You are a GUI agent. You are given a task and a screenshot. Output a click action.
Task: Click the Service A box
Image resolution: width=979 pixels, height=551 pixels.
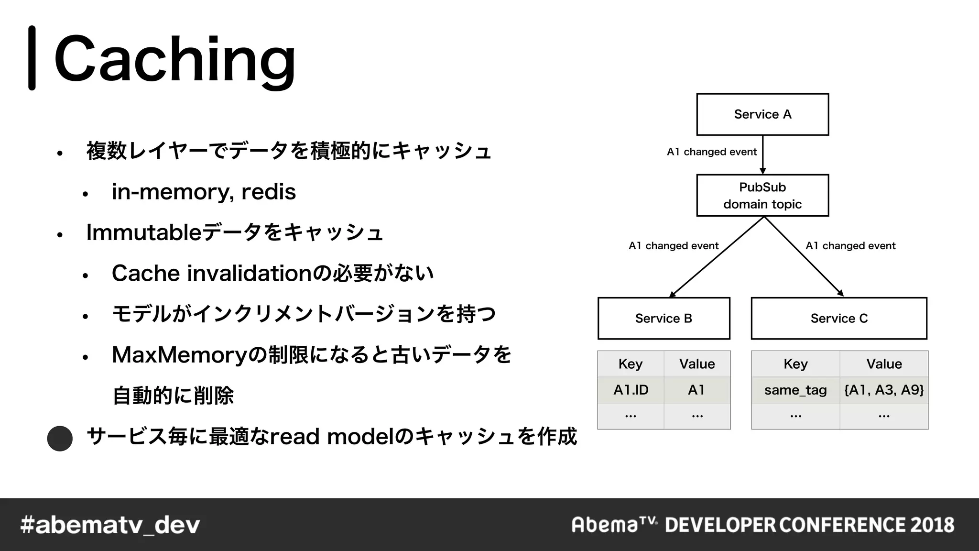(762, 114)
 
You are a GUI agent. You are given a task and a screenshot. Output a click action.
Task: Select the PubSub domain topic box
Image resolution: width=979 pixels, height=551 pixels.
(762, 195)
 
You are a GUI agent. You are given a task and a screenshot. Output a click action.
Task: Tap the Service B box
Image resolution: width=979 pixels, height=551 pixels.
(664, 318)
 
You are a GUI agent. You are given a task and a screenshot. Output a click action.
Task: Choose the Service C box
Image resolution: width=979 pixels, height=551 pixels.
(839, 318)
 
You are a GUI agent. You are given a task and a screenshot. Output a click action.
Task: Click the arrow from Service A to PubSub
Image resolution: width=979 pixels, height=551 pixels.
(762, 154)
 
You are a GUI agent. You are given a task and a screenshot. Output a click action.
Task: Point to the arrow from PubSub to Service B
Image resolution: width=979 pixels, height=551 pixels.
(717, 256)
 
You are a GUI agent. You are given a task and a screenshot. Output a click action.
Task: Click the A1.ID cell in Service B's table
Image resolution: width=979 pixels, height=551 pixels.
(631, 390)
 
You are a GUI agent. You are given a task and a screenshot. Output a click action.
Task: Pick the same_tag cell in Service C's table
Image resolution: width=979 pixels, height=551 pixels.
(795, 390)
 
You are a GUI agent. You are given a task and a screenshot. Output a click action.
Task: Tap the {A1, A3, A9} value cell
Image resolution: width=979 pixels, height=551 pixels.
(884, 390)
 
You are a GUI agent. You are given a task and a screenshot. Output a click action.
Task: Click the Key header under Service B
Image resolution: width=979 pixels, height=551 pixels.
(631, 364)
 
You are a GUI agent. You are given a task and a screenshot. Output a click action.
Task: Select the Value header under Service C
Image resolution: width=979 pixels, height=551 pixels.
(884, 364)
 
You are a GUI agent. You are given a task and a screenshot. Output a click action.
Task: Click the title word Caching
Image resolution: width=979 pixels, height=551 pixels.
(175, 59)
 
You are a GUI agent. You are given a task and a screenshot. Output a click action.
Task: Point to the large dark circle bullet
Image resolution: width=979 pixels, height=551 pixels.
(60, 438)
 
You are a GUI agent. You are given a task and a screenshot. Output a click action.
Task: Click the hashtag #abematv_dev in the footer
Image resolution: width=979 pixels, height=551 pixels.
(110, 525)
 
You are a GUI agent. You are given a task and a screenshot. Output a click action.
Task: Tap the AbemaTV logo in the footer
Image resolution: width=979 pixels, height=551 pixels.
(614, 525)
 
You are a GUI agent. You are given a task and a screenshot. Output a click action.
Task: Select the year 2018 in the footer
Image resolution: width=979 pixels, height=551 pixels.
(932, 525)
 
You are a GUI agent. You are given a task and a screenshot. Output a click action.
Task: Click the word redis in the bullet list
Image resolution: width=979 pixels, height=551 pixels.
(269, 192)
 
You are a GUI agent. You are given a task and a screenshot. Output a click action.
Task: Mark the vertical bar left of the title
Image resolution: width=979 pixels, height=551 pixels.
(32, 58)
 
